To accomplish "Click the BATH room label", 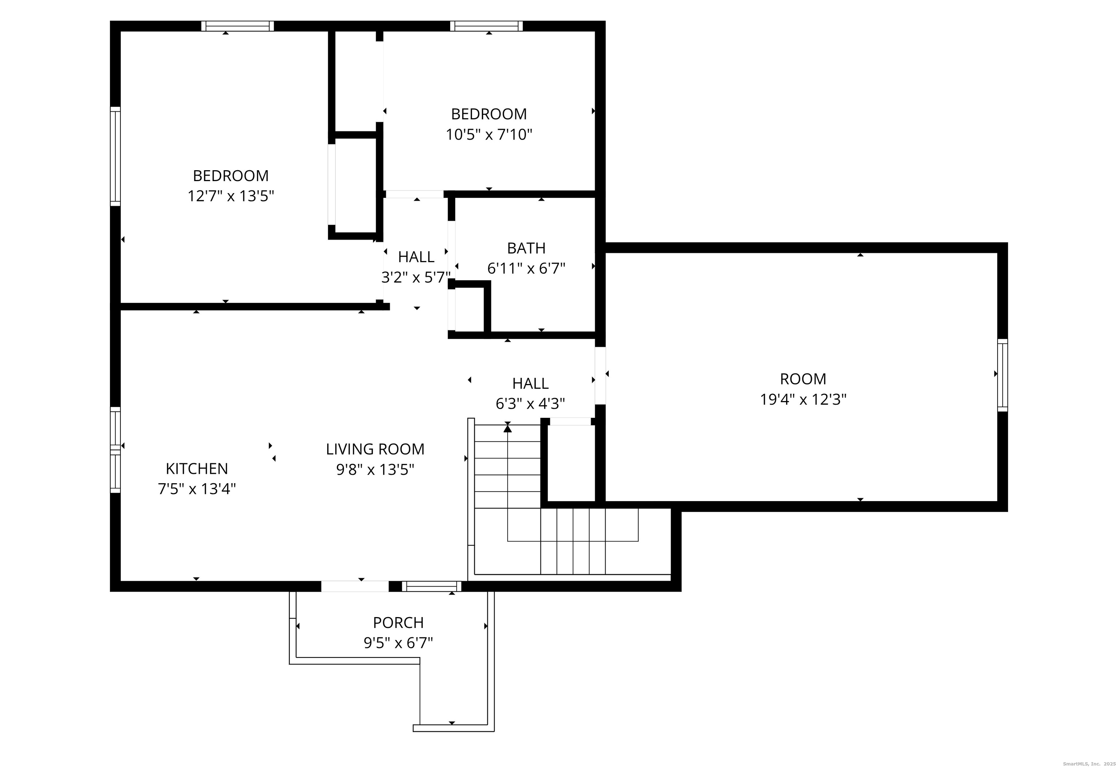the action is tap(526, 248).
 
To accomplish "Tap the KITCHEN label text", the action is tap(197, 469).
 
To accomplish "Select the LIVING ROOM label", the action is tap(375, 449).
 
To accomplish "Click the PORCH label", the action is tap(398, 623).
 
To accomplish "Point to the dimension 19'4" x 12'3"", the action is tap(803, 399).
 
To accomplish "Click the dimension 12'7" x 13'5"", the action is tap(231, 196).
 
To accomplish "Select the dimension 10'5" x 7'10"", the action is tap(489, 134).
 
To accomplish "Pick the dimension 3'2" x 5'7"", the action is tap(416, 277).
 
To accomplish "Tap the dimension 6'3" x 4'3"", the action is tap(530, 403).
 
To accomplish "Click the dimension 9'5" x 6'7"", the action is tap(398, 643).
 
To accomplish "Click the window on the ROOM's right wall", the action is tap(1002, 375).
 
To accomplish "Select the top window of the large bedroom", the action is tap(237, 26).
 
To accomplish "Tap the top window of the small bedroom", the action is tap(486, 26).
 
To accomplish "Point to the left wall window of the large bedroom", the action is tap(115, 156).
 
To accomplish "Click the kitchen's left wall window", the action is tap(115, 450).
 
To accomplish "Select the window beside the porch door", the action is tap(431, 586).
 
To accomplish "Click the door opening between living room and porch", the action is tap(355, 586).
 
